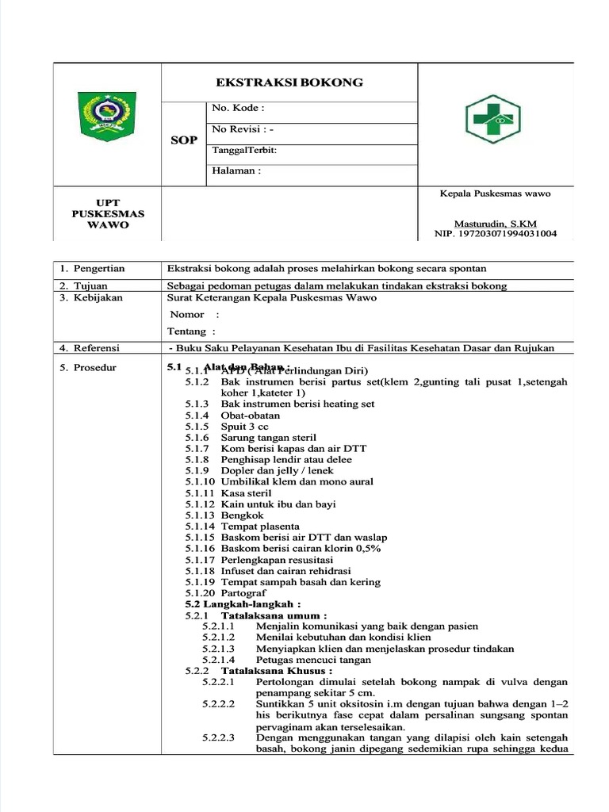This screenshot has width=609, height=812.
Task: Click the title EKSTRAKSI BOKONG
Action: point(289,82)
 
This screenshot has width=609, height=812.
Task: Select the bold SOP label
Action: point(183,140)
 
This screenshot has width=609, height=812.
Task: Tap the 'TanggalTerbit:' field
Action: point(244,150)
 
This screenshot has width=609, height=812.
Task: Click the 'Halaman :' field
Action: point(236,170)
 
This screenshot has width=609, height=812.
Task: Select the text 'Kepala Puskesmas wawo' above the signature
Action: point(495,193)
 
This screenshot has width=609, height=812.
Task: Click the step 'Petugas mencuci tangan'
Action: point(313,660)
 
